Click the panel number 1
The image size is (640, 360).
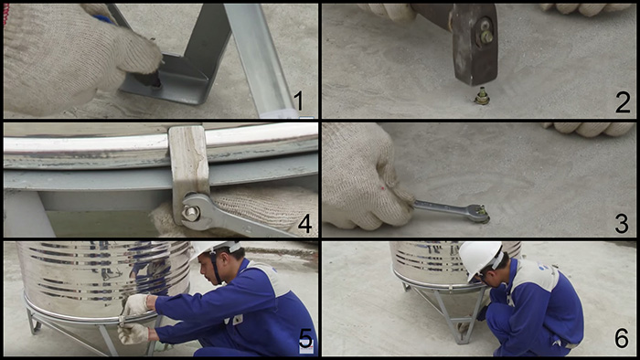[x=299, y=101]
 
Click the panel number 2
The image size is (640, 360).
[x=623, y=103]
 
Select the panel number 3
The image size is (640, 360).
[x=622, y=224]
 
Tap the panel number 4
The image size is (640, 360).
[x=304, y=224]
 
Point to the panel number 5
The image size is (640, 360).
[x=305, y=339]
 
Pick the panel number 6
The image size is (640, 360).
[x=622, y=339]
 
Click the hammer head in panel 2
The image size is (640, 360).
[x=475, y=44]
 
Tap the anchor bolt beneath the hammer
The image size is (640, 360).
[x=482, y=96]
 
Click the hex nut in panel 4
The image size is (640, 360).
[x=190, y=213]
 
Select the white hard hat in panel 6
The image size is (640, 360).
[x=480, y=259]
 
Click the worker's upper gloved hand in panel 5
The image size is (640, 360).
[x=135, y=304]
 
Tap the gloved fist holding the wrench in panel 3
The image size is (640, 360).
[x=366, y=178]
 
